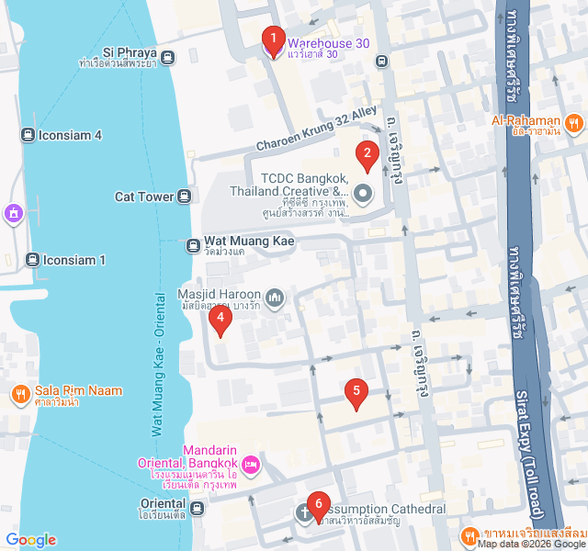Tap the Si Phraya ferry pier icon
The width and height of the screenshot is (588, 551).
coord(167,59)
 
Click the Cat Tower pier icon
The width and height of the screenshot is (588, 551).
coord(184,196)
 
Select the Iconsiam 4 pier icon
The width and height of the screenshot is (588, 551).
coord(28,135)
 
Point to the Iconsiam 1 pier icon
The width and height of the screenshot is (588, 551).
coord(33,260)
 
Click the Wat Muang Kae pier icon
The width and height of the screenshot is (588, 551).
coord(193,245)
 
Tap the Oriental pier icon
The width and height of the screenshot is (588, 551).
coord(198,507)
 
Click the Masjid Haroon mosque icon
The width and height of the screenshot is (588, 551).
coord(276,297)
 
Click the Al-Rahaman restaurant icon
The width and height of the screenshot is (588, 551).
coord(573,122)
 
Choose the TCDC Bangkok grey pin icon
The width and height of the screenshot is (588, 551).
coord(362,194)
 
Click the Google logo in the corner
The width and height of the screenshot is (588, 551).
coord(30,540)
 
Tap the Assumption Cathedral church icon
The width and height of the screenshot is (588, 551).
coord(304,512)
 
